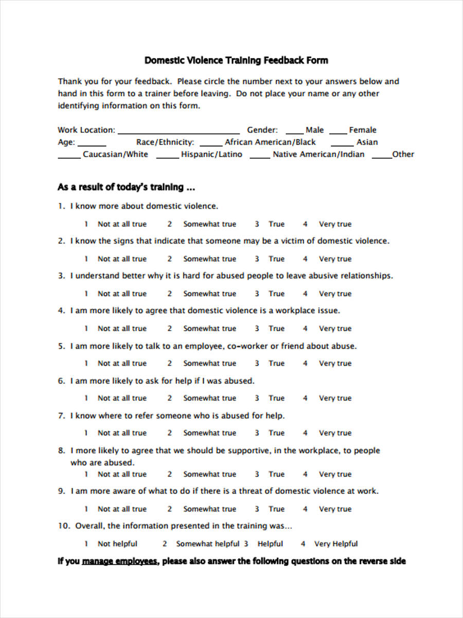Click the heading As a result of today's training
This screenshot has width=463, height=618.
(126, 187)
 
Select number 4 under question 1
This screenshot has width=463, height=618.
(305, 224)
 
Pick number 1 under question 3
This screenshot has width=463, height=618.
(86, 294)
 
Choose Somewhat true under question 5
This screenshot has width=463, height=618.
(209, 363)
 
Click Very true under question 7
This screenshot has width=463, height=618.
(335, 433)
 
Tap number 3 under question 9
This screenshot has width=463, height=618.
(257, 509)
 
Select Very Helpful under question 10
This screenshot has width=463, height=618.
(336, 544)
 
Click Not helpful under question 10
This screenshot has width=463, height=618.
(117, 544)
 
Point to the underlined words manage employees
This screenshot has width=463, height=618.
(120, 561)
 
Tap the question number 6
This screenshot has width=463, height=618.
(61, 381)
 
